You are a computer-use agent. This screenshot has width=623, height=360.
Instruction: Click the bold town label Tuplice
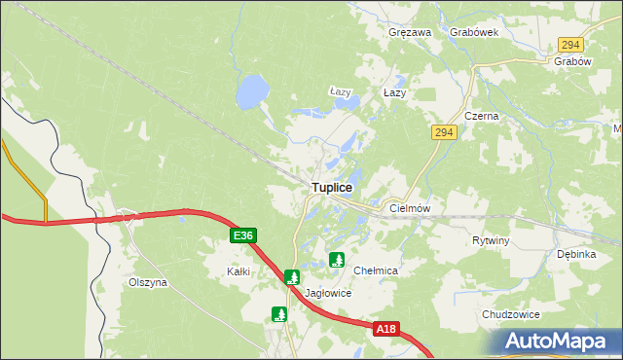[332, 186]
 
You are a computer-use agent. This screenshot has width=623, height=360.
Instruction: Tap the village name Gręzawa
[409, 32]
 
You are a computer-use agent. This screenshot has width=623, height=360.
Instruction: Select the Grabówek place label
[474, 32]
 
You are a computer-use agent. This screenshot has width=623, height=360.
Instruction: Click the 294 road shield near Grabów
[571, 45]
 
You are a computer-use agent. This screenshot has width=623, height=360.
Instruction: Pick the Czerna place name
[481, 116]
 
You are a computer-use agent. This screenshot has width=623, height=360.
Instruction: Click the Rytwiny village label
[491, 240]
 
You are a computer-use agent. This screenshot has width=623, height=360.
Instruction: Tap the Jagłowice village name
[328, 293]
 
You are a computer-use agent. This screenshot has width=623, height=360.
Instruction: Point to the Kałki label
[238, 271]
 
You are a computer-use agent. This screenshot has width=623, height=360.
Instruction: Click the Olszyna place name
[148, 282]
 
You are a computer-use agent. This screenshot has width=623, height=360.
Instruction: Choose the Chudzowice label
[510, 314]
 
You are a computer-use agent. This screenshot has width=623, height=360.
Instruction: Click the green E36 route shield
[244, 235]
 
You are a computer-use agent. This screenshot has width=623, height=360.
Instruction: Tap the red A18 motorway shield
[386, 330]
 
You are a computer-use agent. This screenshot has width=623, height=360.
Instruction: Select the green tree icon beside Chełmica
[337, 260]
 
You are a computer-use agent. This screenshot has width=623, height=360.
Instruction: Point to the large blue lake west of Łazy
[251, 93]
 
